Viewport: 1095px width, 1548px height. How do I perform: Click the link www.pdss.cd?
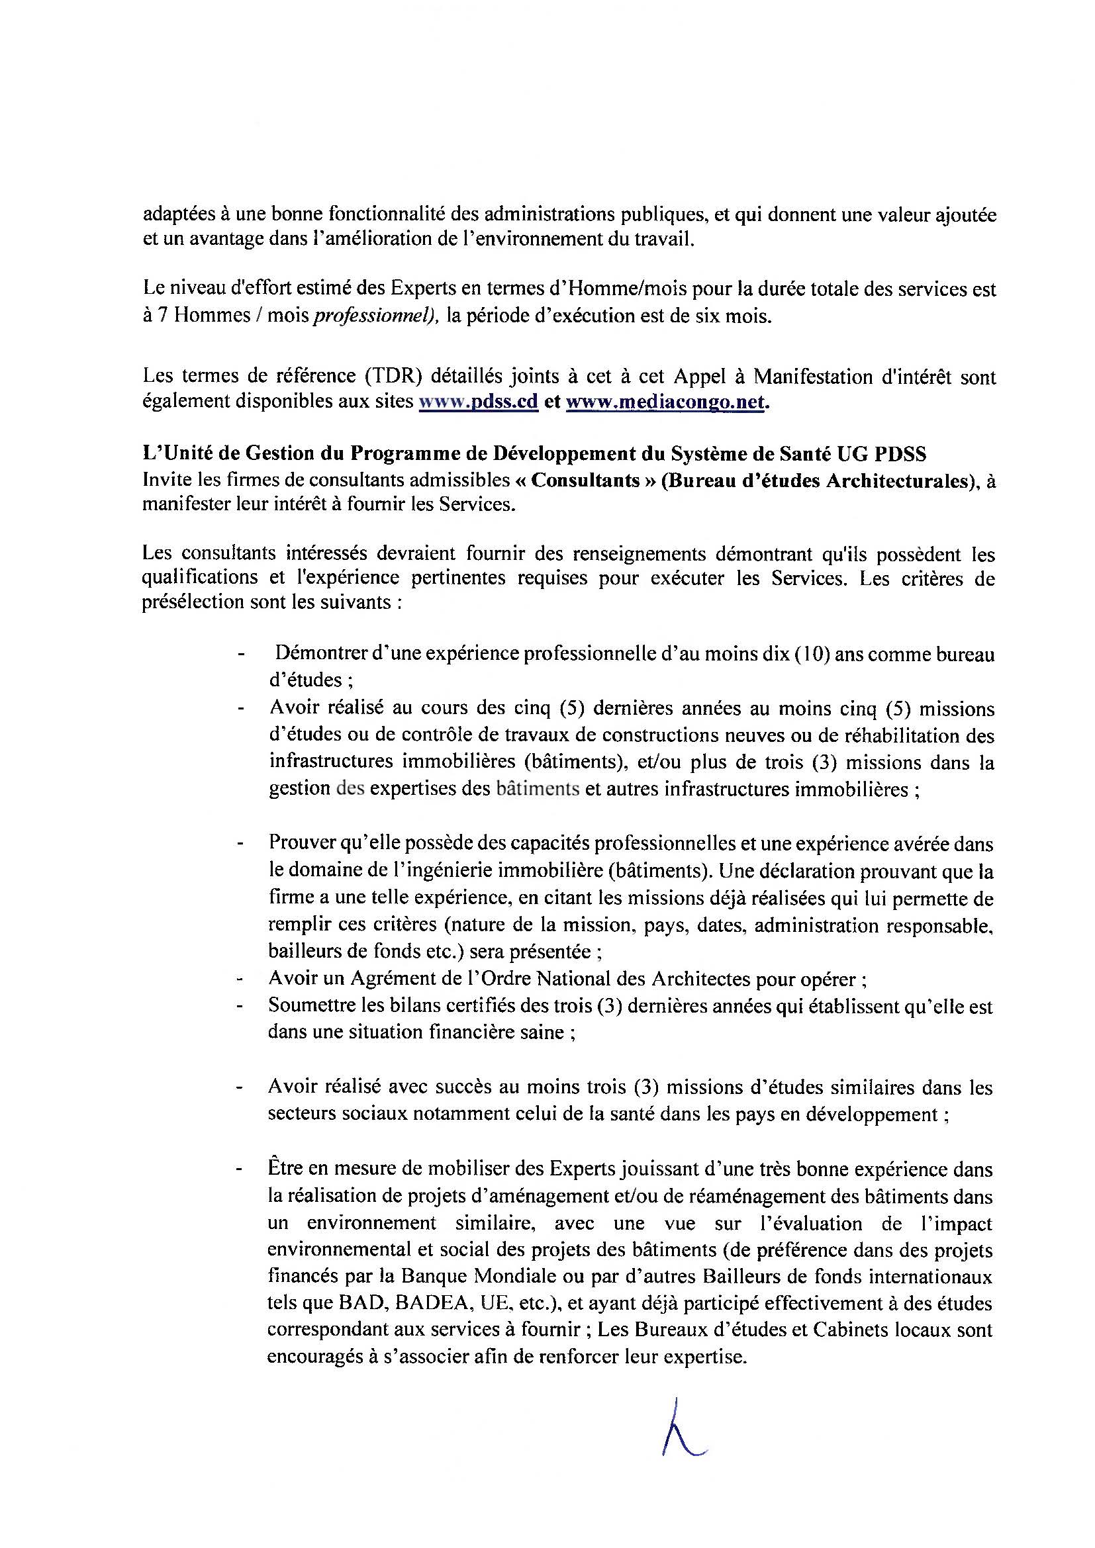[x=479, y=402]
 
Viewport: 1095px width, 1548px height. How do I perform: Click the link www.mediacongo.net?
[x=665, y=402]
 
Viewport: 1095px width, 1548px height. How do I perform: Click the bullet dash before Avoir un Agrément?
[x=240, y=978]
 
